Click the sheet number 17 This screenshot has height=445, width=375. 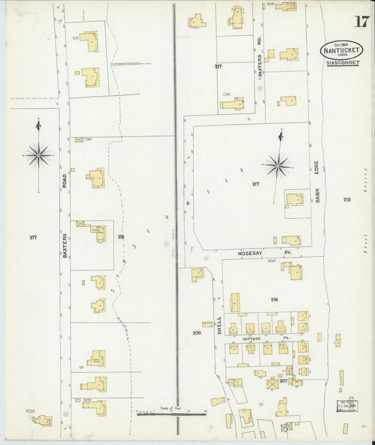point(361,20)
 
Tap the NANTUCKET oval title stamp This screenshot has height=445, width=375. point(341,51)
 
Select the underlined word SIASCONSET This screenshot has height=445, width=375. point(343,63)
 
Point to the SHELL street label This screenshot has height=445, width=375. point(219,325)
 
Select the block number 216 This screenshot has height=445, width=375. point(274,300)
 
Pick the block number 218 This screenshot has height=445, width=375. point(347,200)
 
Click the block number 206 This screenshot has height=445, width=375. point(196,332)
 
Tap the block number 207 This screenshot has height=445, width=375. point(283,381)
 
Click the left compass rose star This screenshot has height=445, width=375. point(38,153)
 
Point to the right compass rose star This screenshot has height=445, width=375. point(278,166)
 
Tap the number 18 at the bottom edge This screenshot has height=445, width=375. point(283,428)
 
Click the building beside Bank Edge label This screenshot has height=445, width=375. point(294,200)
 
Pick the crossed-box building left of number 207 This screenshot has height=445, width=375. point(272,384)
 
